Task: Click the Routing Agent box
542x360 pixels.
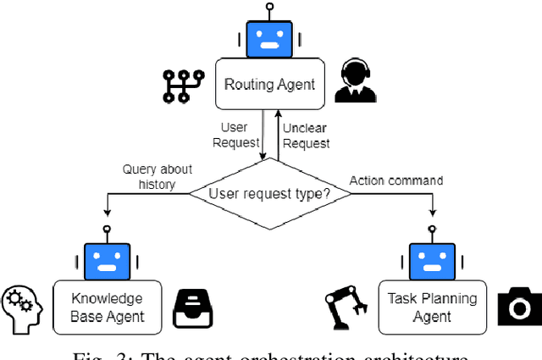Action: click(268, 84)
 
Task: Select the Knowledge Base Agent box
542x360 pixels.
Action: click(107, 307)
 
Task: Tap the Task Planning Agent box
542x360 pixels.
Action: click(432, 307)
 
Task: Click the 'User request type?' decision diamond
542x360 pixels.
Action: click(270, 194)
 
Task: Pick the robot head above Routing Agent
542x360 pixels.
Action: click(268, 36)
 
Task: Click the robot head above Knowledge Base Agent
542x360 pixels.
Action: click(107, 258)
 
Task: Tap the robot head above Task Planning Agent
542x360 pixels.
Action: click(432, 258)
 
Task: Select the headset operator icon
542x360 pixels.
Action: click(355, 80)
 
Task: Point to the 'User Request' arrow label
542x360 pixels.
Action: click(234, 135)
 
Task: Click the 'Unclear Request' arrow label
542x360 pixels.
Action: click(306, 135)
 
